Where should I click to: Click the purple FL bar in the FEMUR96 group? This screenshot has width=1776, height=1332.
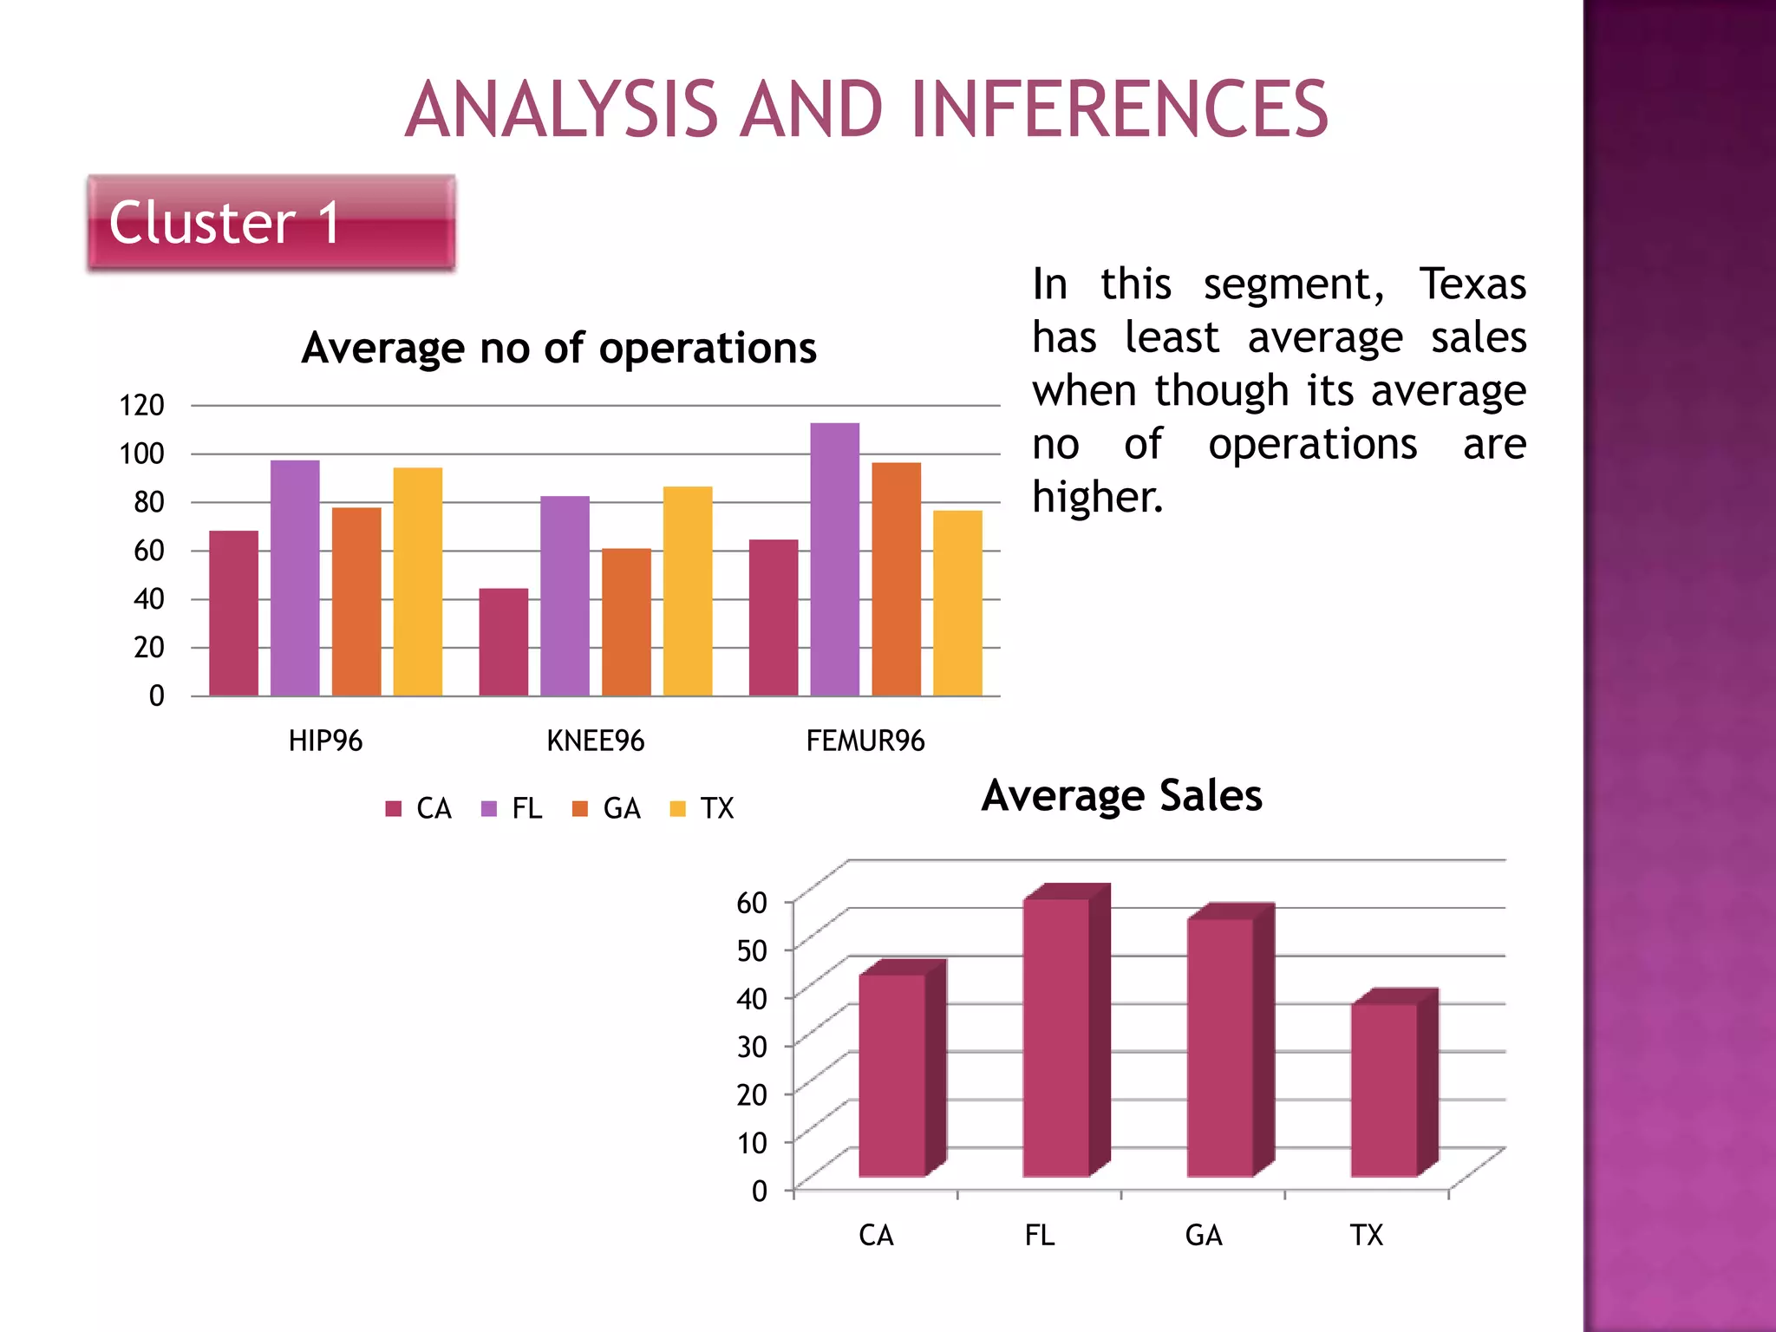pyautogui.click(x=835, y=559)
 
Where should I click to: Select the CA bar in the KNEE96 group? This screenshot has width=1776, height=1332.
pyautogui.click(x=504, y=642)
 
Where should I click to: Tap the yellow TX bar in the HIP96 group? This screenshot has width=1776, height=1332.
pyautogui.click(x=418, y=581)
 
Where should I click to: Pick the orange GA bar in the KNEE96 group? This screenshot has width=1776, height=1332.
pyautogui.click(x=626, y=622)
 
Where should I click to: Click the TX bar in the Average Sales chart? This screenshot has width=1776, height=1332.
pyautogui.click(x=1384, y=1090)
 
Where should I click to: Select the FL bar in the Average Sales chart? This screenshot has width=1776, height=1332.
pyautogui.click(x=1056, y=1037)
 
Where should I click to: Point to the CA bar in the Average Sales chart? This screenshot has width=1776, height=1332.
pyautogui.click(x=892, y=1075)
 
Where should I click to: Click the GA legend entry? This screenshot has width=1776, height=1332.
pyautogui.click(x=607, y=809)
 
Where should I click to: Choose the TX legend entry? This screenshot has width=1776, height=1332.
pyautogui.click(x=703, y=809)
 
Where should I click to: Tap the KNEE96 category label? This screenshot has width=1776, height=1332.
pyautogui.click(x=596, y=741)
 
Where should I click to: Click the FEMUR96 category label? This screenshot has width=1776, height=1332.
pyautogui.click(x=865, y=741)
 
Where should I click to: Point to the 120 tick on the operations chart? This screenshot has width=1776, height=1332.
pyautogui.click(x=141, y=405)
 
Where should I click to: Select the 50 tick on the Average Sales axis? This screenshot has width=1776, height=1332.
pyautogui.click(x=752, y=950)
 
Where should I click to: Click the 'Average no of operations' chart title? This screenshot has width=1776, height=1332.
pyautogui.click(x=559, y=349)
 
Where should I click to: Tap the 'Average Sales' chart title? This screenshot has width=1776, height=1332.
pyautogui.click(x=1122, y=796)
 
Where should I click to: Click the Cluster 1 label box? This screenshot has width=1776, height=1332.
pyautogui.click(x=271, y=223)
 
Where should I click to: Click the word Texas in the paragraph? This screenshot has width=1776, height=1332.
pyautogui.click(x=1472, y=284)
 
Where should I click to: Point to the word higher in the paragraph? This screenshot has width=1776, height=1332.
pyautogui.click(x=1097, y=498)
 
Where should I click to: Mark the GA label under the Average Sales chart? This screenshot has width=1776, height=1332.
pyautogui.click(x=1204, y=1235)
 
